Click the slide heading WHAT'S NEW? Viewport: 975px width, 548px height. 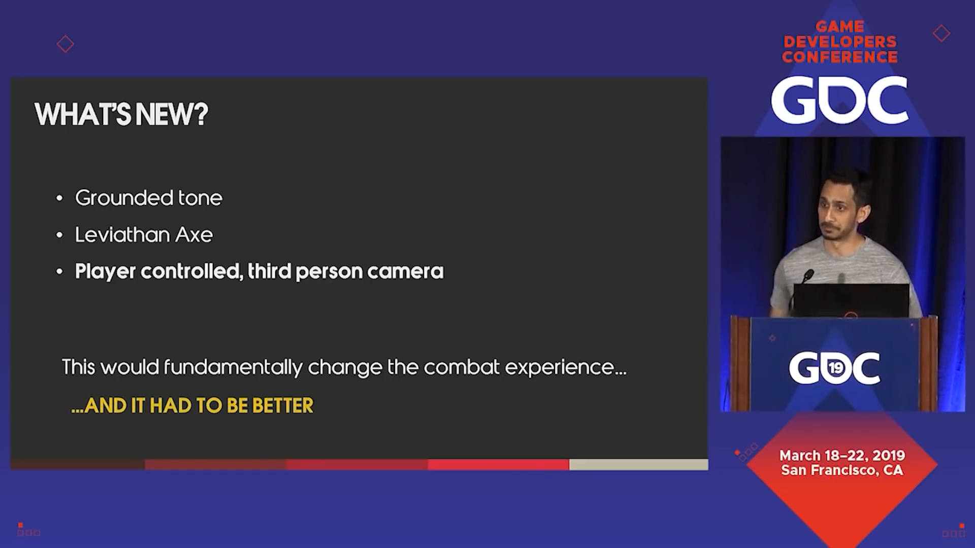121,114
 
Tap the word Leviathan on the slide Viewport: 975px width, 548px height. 122,234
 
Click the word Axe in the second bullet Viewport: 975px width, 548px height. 194,235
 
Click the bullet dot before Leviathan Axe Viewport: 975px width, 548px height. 59,235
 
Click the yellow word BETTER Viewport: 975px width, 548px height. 283,406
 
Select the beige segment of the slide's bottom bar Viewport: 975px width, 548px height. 638,464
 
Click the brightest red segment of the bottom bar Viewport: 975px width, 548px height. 498,464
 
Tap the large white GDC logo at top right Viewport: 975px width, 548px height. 839,100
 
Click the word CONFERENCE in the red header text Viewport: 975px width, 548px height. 840,57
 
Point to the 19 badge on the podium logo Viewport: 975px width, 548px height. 835,367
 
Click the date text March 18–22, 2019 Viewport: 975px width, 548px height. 842,455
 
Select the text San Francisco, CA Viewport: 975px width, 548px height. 842,470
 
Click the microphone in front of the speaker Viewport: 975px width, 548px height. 807,276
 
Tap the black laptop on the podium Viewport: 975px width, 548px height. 851,300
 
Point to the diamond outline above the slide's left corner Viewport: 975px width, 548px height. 65,44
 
